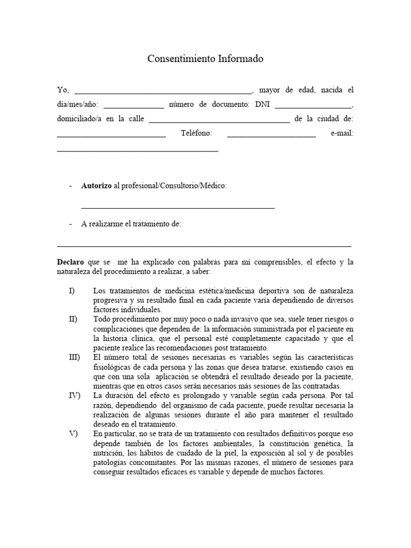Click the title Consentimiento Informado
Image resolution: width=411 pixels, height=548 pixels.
pyautogui.click(x=205, y=59)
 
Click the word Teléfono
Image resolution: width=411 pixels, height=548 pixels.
pyautogui.click(x=196, y=133)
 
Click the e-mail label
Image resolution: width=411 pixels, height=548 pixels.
pyautogui.click(x=342, y=133)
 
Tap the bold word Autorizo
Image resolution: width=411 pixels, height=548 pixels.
pyautogui.click(x=96, y=186)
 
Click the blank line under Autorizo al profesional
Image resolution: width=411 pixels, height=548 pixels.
pyautogui.click(x=178, y=207)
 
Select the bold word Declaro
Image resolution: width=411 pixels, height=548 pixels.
pyautogui.click(x=71, y=263)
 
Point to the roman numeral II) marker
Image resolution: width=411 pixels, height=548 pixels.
pyautogui.click(x=73, y=319)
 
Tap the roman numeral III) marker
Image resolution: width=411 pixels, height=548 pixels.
pyautogui.click(x=74, y=357)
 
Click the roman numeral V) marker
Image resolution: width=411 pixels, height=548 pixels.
pyautogui.click(x=73, y=434)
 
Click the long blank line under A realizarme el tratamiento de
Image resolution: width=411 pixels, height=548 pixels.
pyautogui.click(x=204, y=246)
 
